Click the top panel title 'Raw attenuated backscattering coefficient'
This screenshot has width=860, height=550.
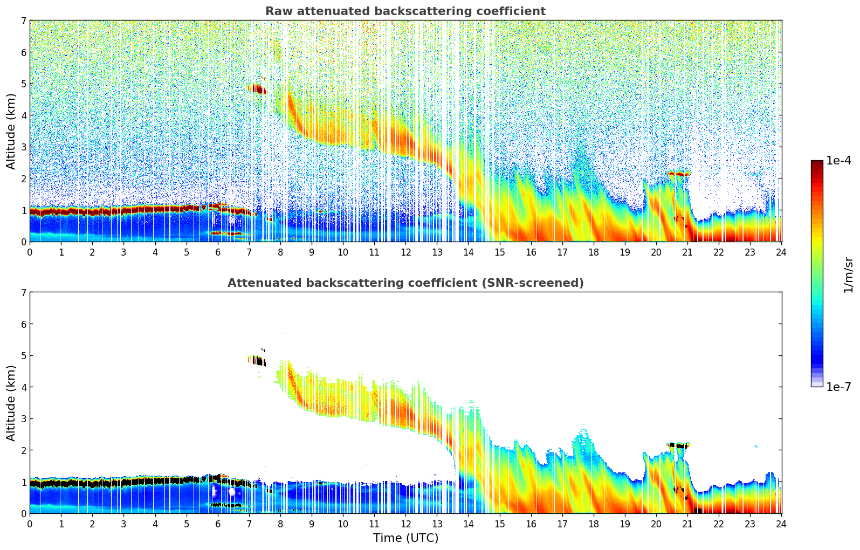click(x=405, y=11)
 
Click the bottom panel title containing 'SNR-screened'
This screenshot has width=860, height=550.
click(x=405, y=283)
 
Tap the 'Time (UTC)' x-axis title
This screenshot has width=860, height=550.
click(x=405, y=538)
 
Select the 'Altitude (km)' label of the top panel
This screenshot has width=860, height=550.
click(x=11, y=131)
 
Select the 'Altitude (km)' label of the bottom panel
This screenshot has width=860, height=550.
click(x=11, y=403)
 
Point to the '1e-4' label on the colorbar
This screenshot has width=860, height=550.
click(x=838, y=161)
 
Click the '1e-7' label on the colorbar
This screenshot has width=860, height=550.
click(x=838, y=387)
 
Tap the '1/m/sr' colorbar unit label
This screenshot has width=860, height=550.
click(x=849, y=274)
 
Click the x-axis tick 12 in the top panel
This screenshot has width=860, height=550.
click(x=405, y=252)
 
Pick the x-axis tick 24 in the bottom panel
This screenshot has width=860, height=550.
click(x=781, y=524)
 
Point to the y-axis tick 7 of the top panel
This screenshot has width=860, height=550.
click(x=23, y=21)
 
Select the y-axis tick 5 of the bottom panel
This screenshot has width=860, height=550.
click(x=23, y=356)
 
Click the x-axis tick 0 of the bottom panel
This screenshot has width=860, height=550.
click(x=30, y=524)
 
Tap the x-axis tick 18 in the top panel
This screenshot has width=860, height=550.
click(x=594, y=252)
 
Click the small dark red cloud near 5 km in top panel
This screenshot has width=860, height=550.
click(x=257, y=88)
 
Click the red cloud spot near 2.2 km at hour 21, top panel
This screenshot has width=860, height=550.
click(x=683, y=174)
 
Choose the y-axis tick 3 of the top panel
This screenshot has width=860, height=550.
click(x=23, y=147)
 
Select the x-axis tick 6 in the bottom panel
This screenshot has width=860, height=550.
click(x=218, y=524)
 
